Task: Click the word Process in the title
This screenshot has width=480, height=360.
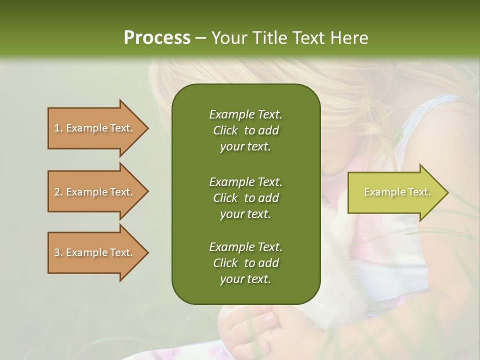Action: pyautogui.click(x=157, y=38)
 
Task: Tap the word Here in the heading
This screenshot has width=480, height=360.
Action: pyautogui.click(x=349, y=38)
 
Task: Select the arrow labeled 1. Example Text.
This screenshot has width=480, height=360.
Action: pyautogui.click(x=98, y=128)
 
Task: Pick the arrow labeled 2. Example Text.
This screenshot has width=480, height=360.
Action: pyautogui.click(x=98, y=191)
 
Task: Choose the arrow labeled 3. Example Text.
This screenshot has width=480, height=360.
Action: pyautogui.click(x=98, y=253)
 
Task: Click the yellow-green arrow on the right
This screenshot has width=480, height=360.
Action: pyautogui.click(x=398, y=192)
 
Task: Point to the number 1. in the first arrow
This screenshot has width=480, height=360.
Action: pyautogui.click(x=58, y=128)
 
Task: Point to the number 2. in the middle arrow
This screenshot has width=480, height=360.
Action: pyautogui.click(x=58, y=192)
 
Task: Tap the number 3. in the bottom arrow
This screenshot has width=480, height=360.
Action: pyautogui.click(x=58, y=252)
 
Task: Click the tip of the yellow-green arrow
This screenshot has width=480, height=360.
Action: pyautogui.click(x=449, y=192)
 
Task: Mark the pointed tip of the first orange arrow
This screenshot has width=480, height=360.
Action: pyautogui.click(x=149, y=128)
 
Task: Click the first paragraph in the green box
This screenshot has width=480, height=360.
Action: pyautogui.click(x=246, y=130)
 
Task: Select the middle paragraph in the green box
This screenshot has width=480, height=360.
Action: pyautogui.click(x=246, y=198)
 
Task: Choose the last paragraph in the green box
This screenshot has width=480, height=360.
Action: pyautogui.click(x=246, y=263)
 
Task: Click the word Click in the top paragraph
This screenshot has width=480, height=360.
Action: pyautogui.click(x=225, y=130)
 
